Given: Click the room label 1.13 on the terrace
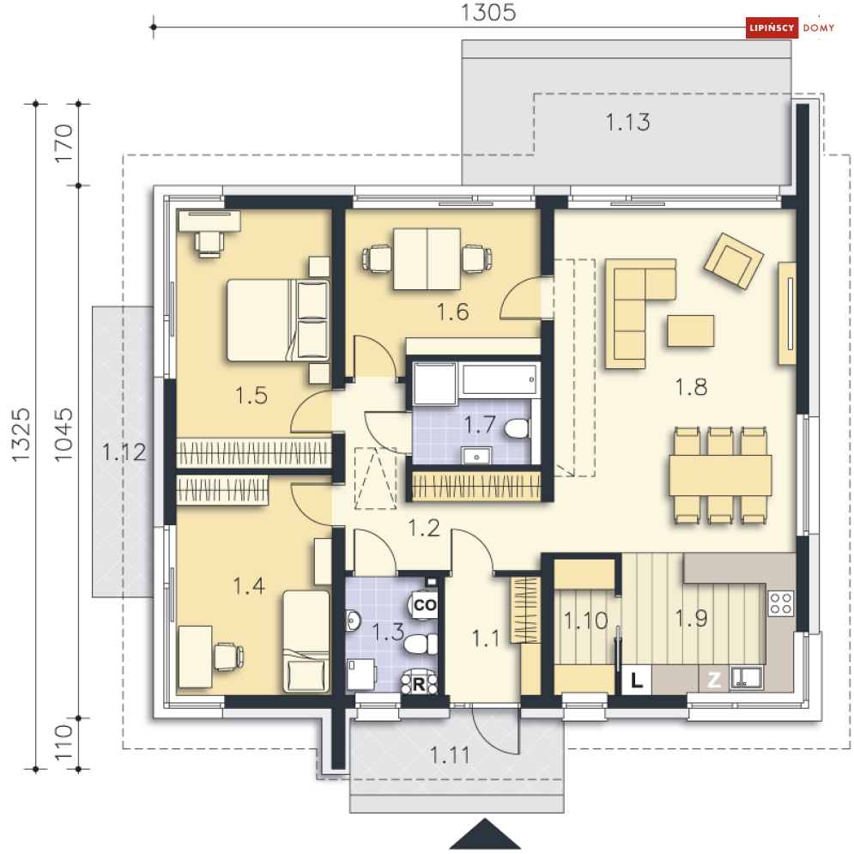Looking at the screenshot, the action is pos(628,122).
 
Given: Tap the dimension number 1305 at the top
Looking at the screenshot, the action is pos(488,13).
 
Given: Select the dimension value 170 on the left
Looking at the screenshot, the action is pos(64,143).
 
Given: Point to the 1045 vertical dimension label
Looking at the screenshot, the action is pos(64,434).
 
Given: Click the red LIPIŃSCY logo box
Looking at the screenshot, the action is pos(772,27).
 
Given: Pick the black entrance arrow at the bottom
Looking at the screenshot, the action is pos(485,834).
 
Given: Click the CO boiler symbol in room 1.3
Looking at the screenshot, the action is pos(424,604).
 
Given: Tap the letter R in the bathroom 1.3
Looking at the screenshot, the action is pos(419,684).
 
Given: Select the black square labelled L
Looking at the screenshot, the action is pos(637,679).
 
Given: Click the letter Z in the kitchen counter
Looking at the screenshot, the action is pos(714,679).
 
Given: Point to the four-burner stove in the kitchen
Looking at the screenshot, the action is pos(780,603).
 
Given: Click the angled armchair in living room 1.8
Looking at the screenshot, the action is pos(733,260).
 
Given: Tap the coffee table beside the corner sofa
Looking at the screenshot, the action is pos(691,330).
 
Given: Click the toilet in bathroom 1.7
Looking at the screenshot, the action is pos(518,428).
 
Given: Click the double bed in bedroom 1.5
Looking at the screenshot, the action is pos(278,320).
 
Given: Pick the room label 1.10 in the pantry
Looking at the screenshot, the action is pos(585,621).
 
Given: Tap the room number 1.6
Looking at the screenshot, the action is pos(452,312).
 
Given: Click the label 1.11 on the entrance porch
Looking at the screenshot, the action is pos(450,755).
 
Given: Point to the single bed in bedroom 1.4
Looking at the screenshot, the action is pos(306,642).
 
